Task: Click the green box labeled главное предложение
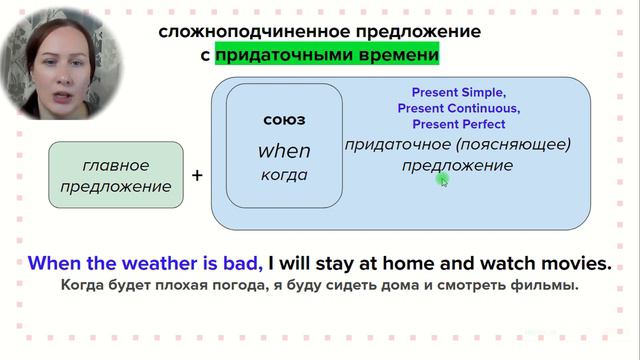116,176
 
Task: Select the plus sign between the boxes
197,175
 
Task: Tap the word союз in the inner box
284,120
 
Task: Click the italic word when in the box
284,151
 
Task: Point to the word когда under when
284,175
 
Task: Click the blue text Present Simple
458,91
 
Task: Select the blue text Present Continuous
458,108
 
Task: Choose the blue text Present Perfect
458,124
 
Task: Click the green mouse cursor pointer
443,180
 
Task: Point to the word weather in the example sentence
151,264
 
